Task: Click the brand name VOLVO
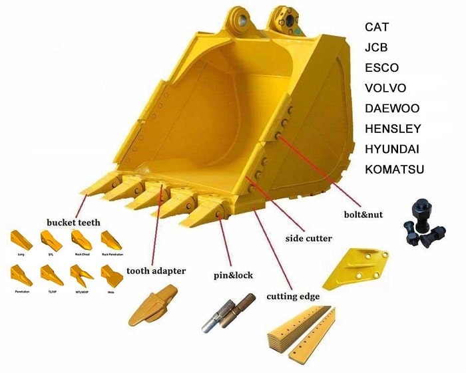(385, 88)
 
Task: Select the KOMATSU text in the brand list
(394, 169)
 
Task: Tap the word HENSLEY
(393, 128)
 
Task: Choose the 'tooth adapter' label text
(156, 271)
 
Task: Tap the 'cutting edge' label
(293, 297)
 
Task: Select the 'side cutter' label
(308, 238)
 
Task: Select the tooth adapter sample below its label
(152, 305)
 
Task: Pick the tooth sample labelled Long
(21, 239)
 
